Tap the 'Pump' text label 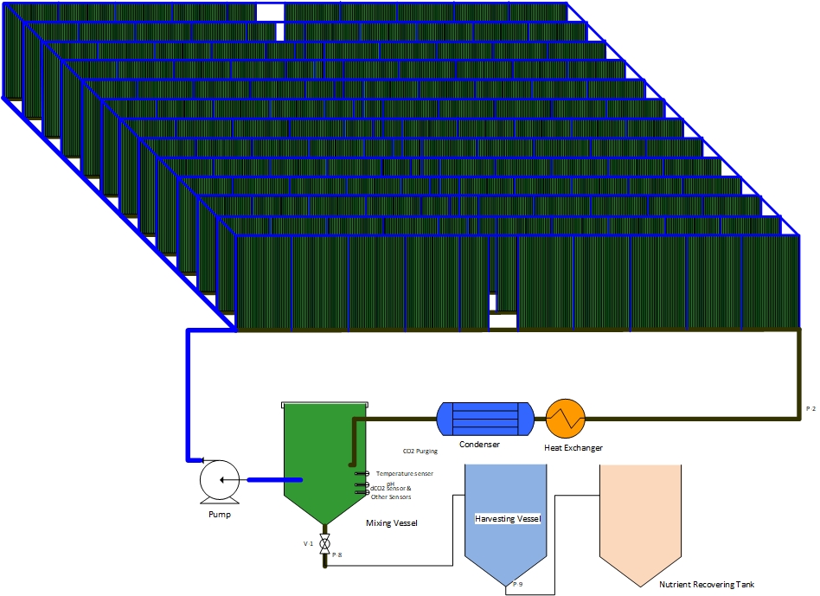(x=220, y=514)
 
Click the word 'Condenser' (x=479, y=445)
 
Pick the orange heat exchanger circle (x=566, y=420)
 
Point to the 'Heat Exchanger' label (x=573, y=448)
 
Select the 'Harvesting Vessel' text (x=508, y=519)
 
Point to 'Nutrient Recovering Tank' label (x=706, y=585)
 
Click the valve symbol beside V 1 (x=325, y=545)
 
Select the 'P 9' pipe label (x=517, y=585)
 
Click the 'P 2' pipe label (x=810, y=407)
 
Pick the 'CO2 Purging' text (x=420, y=451)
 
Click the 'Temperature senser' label (x=404, y=473)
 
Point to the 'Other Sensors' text (x=391, y=497)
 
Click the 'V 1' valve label (x=308, y=543)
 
